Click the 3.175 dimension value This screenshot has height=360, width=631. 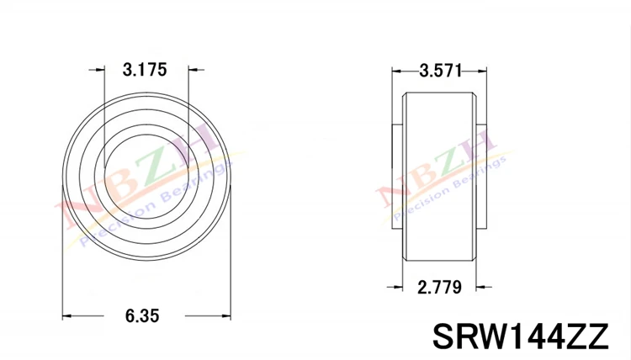145,70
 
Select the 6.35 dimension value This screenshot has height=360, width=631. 142,315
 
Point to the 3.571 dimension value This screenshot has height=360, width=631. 441,71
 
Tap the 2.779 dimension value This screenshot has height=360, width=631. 439,287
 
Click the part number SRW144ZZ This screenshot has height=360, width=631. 520,336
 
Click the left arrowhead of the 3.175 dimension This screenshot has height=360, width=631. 100,70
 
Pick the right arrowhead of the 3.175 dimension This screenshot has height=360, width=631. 194,70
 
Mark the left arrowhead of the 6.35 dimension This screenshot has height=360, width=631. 67,315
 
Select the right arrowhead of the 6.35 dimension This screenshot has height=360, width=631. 225,315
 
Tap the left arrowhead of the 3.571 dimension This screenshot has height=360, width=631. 398,71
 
